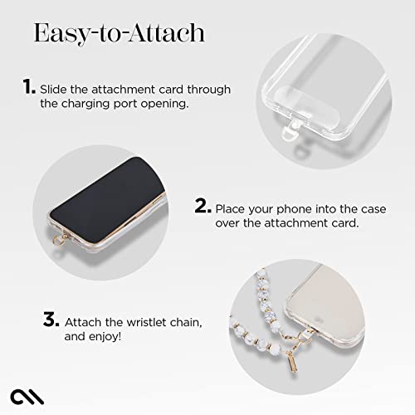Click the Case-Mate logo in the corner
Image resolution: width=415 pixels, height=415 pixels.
21,394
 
